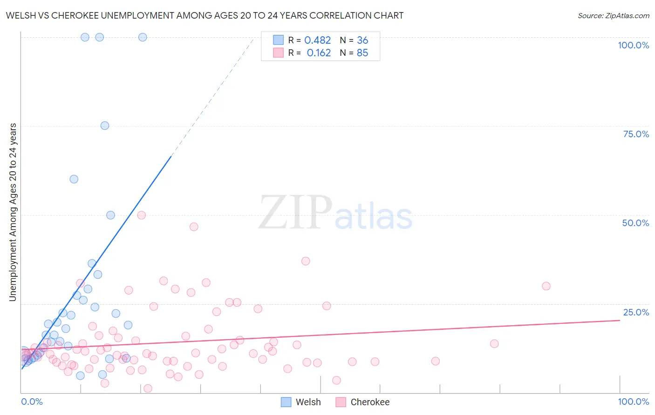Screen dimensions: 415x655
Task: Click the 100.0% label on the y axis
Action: click(633, 45)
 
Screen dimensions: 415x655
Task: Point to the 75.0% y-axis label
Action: click(636, 134)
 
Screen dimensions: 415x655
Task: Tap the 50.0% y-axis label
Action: click(635, 223)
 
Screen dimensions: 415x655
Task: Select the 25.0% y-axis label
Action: click(636, 312)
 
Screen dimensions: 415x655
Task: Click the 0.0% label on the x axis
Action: click(32, 402)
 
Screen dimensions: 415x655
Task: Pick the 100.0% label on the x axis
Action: click(633, 402)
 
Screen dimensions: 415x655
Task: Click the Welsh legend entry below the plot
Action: click(301, 402)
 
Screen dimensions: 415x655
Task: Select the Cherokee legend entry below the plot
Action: click(363, 402)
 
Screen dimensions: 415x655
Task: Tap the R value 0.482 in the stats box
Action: click(317, 40)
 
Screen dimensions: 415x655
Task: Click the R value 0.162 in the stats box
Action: click(319, 53)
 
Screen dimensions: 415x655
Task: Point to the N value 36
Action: click(362, 40)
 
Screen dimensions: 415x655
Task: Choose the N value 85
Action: click(362, 53)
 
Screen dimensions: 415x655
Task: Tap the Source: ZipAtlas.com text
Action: click(613, 16)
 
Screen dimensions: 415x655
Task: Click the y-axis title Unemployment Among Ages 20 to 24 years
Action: click(13, 212)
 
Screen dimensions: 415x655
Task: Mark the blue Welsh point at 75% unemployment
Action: click(105, 126)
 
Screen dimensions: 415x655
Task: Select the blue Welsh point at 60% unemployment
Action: click(74, 179)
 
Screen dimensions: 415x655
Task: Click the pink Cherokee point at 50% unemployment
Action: click(142, 215)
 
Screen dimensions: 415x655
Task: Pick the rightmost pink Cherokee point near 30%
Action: click(546, 286)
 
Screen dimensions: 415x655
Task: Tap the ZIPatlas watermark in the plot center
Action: click(335, 212)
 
